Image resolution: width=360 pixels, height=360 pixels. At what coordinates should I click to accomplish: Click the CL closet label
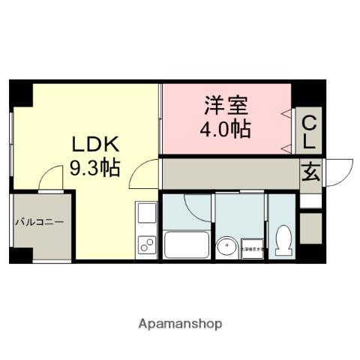pyautogui.click(x=309, y=130)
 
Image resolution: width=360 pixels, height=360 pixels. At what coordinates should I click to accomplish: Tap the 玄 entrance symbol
pyautogui.click(x=311, y=172)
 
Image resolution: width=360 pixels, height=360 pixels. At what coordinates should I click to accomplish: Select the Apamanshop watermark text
pyautogui.click(x=180, y=324)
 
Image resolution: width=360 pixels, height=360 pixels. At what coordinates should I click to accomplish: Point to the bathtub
pyautogui.click(x=186, y=245)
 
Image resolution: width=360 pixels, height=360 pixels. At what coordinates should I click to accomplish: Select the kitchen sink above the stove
pyautogui.click(x=145, y=214)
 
